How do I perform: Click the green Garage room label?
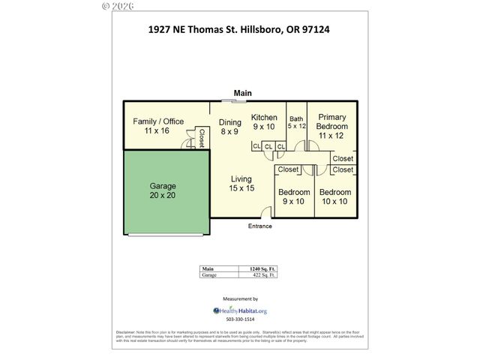[x=163, y=190]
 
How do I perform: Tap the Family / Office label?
[x=157, y=126]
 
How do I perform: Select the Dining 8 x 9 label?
[x=229, y=127]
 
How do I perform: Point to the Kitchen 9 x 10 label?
[x=264, y=121]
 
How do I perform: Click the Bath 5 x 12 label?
[x=296, y=122]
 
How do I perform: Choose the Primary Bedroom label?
[x=331, y=126]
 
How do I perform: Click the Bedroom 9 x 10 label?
[x=292, y=196]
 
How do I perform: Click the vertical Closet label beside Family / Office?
[x=201, y=137]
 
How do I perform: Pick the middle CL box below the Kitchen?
[x=268, y=146]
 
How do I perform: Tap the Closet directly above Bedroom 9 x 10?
[x=289, y=169]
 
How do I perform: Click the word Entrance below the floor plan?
[x=259, y=226]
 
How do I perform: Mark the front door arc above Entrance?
[x=259, y=215]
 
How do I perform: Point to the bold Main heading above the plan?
[x=242, y=93]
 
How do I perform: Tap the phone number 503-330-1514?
[x=240, y=321]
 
